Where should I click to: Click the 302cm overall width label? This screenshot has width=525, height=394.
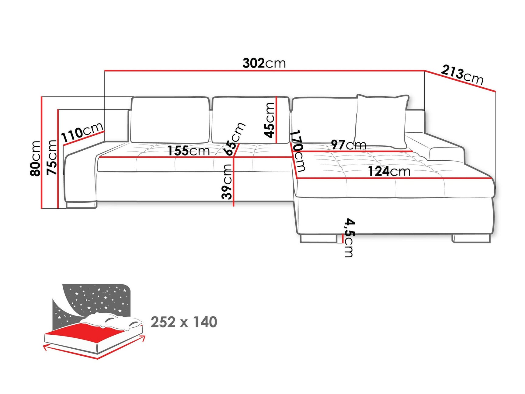coord(264,63)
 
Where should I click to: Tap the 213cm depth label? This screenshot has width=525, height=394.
coord(462,75)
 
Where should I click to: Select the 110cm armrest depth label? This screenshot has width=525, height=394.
coord(82,132)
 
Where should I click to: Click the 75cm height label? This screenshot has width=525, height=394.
coord(52,157)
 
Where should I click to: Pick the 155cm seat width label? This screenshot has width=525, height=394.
coord(189,151)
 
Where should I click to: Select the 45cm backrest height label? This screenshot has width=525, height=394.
coord(269,120)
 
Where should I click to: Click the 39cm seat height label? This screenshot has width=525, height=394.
coord(227,182)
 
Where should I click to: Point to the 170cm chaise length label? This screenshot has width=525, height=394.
coord(297,151)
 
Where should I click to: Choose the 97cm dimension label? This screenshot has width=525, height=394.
coord(348,145)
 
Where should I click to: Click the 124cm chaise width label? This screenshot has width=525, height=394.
coord(389,171)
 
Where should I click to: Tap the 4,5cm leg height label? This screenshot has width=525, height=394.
coord(349,238)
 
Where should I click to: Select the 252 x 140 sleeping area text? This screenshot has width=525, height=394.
coord(184,322)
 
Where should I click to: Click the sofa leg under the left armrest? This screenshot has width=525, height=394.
coord(81,205)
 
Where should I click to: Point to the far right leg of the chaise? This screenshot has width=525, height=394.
coord(471,238)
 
